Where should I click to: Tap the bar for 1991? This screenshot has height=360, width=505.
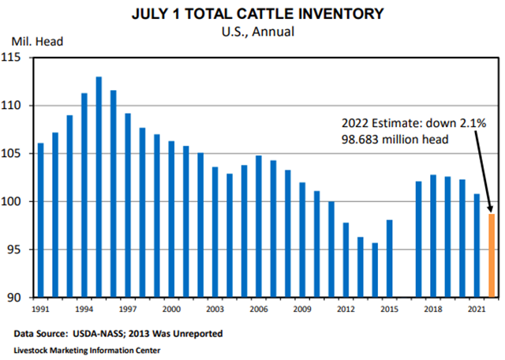[x=41, y=220]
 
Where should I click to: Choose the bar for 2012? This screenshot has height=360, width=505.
[x=346, y=261]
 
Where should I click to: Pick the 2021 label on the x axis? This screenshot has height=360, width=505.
[x=476, y=309]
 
